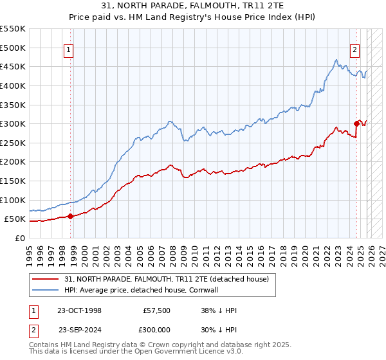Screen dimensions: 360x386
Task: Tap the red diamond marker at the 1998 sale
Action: pyautogui.click(x=70, y=216)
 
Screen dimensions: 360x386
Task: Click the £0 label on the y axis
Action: pyautogui.click(x=19, y=238)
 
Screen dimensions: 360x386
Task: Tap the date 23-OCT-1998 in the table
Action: pyautogui.click(x=80, y=310)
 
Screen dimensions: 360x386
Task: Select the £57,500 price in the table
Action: pyautogui.click(x=157, y=310)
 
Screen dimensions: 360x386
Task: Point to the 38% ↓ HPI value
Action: pyautogui.click(x=219, y=310)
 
